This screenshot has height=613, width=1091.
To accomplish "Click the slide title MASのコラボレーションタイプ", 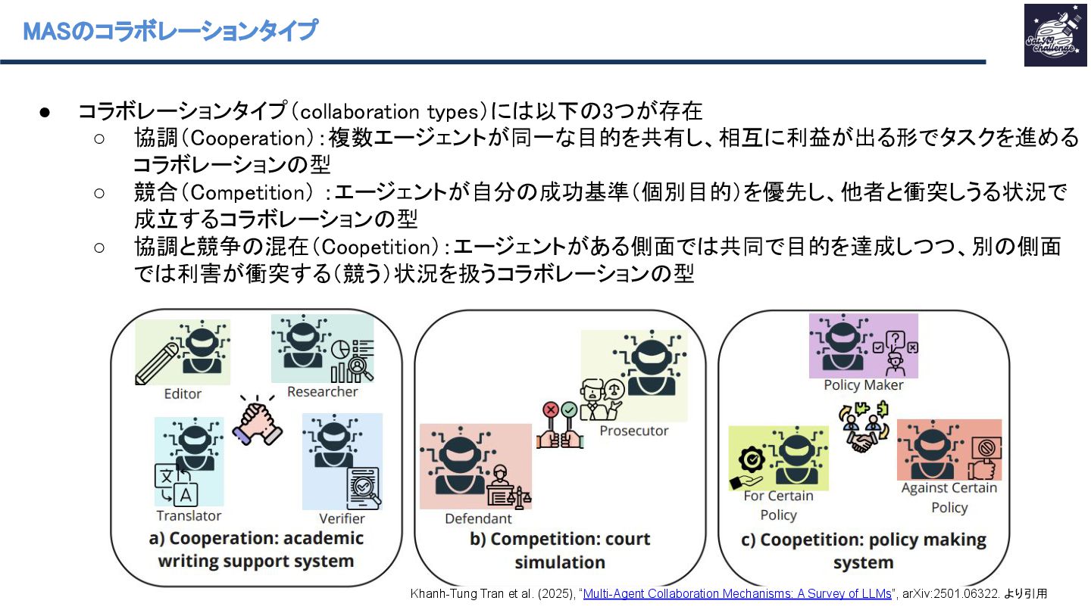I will [170, 31].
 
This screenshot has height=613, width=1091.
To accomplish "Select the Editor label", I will [183, 394].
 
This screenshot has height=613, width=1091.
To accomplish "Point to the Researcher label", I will [322, 392].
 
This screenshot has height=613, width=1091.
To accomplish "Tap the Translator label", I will [189, 515].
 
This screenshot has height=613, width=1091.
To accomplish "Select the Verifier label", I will [342, 518].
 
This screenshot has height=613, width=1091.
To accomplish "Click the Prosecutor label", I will [633, 431].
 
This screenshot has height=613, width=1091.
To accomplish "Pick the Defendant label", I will [478, 518].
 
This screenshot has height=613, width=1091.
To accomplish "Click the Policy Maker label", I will [864, 385].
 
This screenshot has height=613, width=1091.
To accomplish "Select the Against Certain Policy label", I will [949, 497].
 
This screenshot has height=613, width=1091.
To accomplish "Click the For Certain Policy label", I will [778, 505].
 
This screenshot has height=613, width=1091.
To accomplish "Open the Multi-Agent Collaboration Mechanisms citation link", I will [737, 593].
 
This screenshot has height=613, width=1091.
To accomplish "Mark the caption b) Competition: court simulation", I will [560, 550].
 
